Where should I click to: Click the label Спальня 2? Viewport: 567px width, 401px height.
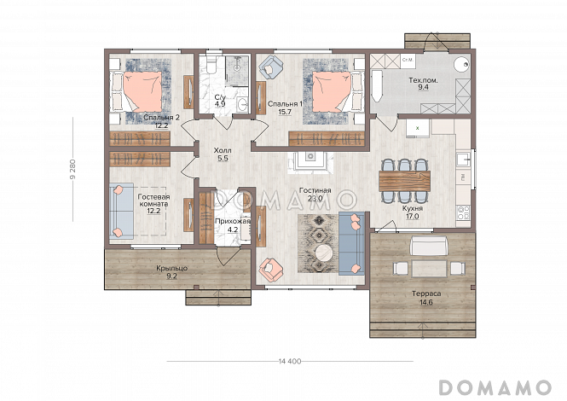161,117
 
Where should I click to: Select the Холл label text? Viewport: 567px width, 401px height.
222,150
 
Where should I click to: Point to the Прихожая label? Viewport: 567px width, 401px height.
233,221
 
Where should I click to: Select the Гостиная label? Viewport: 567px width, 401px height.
315,190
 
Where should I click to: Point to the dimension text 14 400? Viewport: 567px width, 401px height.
290,361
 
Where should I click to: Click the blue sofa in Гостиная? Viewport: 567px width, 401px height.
350,243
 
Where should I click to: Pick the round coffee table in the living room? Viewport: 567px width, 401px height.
324,253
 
